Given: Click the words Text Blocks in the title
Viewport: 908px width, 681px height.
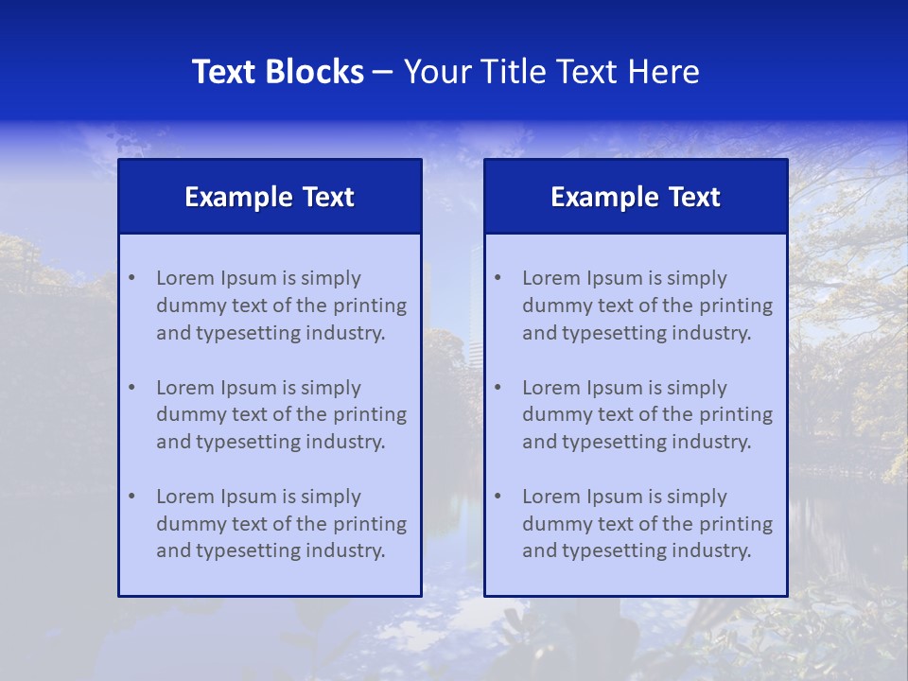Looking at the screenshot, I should (277, 72).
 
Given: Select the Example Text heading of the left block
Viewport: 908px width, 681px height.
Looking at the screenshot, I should (270, 197).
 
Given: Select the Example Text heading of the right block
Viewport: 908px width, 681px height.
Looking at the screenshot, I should (636, 197).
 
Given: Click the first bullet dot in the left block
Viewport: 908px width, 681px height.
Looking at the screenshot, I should (131, 278).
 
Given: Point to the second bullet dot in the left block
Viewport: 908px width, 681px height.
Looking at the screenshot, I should (131, 388).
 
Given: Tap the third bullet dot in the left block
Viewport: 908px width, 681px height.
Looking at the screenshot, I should (131, 497).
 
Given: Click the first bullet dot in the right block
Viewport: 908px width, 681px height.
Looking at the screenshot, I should (498, 278).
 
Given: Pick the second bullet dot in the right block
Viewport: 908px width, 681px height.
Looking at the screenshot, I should (498, 388).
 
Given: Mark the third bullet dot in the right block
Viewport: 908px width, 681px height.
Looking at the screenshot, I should (498, 497).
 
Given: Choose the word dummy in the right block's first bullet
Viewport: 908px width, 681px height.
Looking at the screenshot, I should (552, 306).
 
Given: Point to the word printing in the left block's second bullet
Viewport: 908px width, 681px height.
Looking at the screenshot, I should (373, 414).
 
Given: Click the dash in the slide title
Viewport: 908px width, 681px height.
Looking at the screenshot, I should (384, 72).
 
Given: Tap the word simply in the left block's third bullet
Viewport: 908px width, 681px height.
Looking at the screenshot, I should (331, 497).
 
